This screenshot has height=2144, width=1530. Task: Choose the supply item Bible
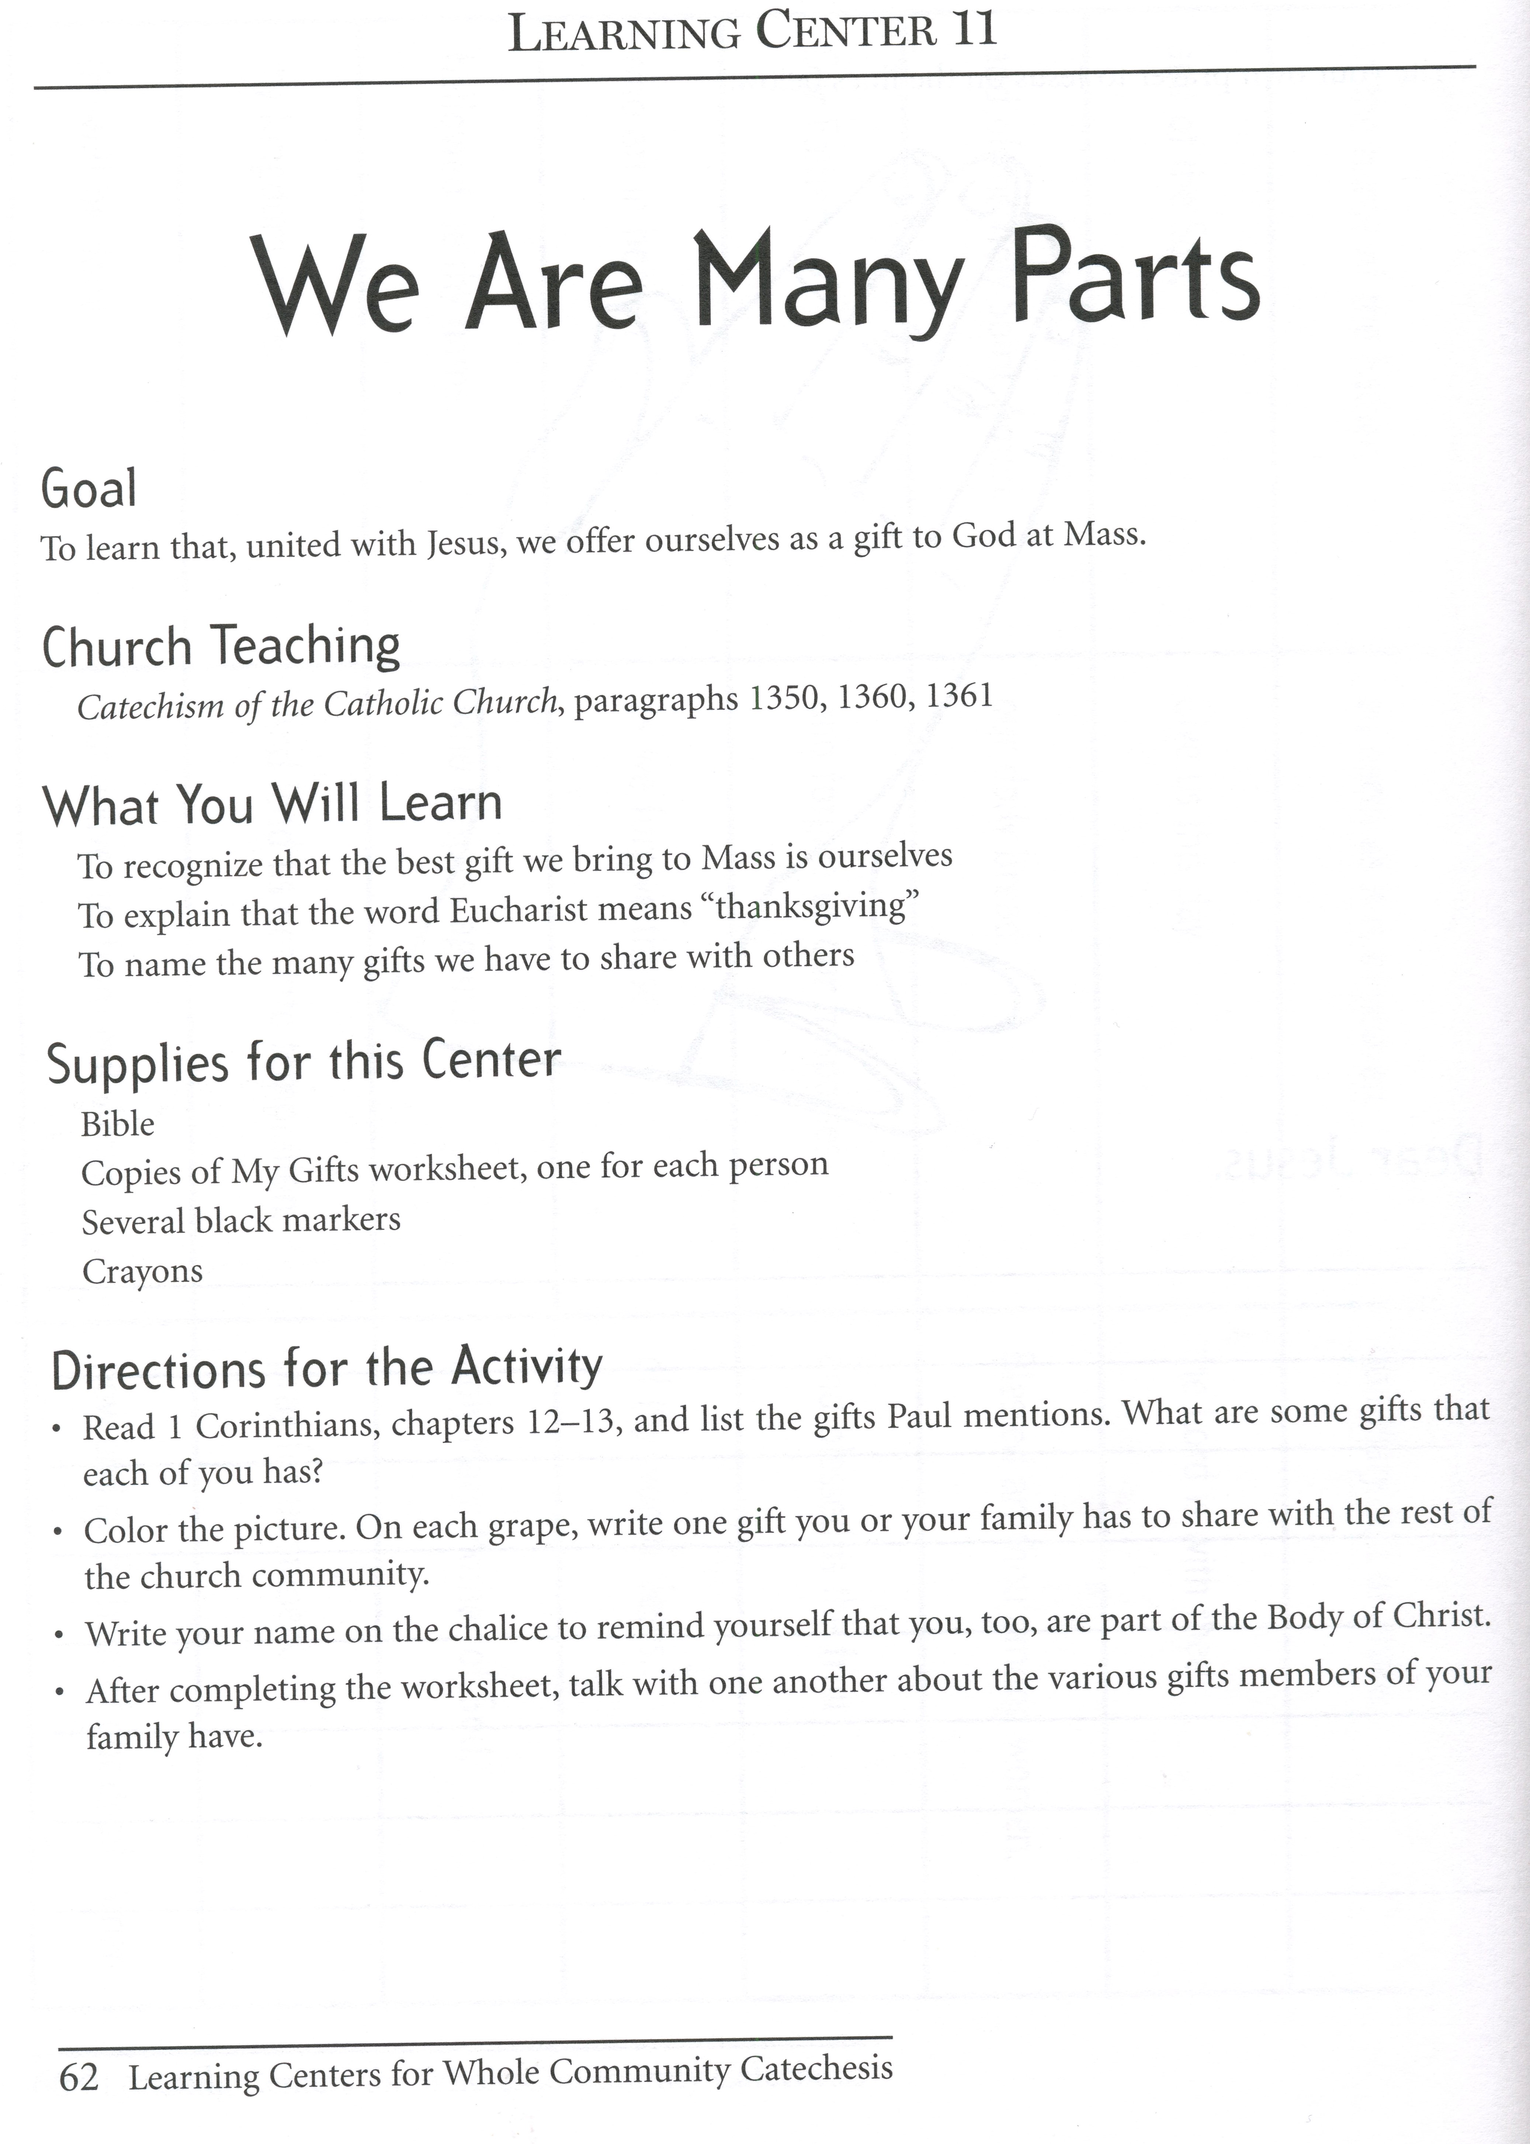(x=118, y=1124)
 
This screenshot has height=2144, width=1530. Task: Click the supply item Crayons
(x=142, y=1272)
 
